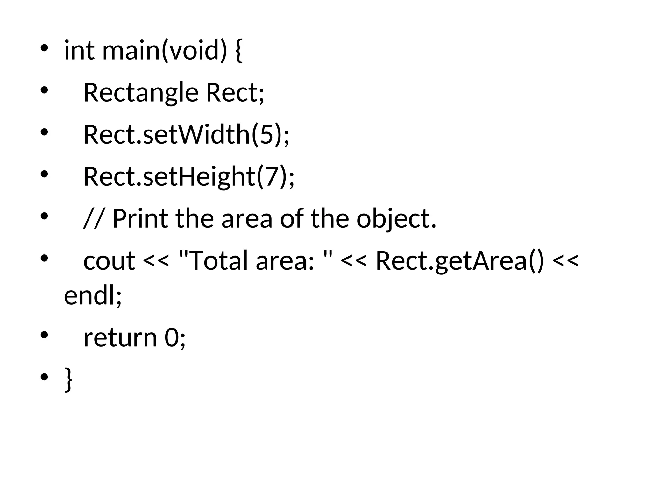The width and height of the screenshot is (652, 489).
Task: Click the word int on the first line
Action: [79, 51]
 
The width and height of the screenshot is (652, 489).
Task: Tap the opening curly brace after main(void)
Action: [239, 51]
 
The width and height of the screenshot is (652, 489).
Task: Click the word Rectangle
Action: [141, 93]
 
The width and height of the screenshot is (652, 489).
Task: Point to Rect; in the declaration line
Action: [235, 93]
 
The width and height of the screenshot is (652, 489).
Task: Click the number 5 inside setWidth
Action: [267, 135]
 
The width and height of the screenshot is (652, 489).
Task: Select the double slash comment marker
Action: [94, 219]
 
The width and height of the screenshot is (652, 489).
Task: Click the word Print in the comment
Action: [140, 219]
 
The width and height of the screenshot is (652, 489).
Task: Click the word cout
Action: [109, 261]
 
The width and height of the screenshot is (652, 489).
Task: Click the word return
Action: [120, 338]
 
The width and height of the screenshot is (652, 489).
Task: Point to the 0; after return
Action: [175, 338]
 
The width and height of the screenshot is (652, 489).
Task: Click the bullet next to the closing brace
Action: [44, 378]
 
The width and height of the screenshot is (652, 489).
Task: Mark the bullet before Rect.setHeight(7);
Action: [44, 174]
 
